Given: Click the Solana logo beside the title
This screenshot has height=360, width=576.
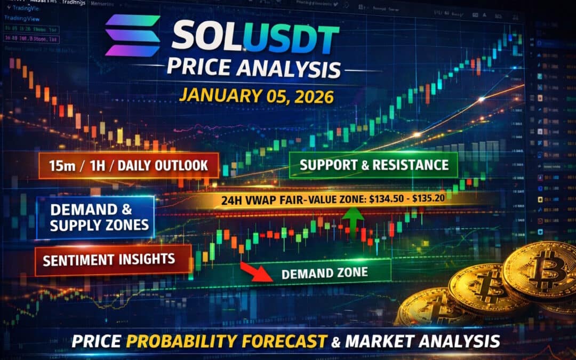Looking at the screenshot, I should [132, 36].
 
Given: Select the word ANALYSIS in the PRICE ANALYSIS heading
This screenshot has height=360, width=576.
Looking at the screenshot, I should [289, 68].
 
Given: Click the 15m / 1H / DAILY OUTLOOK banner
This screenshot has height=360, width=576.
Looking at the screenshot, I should [127, 165].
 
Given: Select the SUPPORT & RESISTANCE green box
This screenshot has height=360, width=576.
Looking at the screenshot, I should [373, 165].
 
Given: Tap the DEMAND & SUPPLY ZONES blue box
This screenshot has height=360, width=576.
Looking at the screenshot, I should [96, 217].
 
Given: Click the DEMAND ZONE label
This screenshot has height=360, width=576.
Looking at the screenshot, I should [324, 273].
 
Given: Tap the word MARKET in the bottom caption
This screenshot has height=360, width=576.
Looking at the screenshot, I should [379, 341].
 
